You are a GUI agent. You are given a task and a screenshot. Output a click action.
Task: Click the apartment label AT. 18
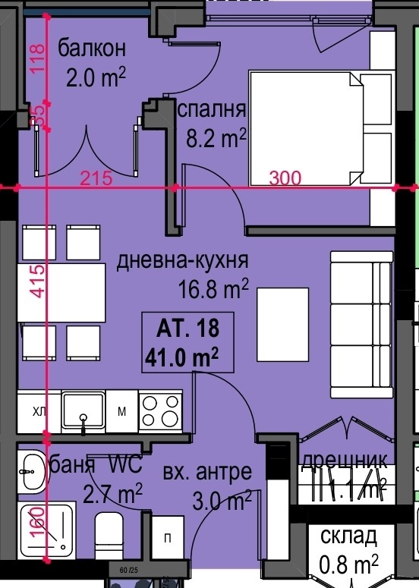(187, 329)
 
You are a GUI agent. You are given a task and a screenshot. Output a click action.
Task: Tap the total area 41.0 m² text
(182, 355)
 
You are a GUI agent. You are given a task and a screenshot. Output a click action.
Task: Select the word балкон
(90, 49)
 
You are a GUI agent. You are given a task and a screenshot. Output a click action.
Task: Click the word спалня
(212, 109)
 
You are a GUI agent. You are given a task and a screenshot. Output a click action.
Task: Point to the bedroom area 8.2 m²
(217, 138)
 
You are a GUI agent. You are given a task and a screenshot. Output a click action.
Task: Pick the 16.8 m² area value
(214, 288)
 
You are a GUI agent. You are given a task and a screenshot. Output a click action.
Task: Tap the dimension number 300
(285, 178)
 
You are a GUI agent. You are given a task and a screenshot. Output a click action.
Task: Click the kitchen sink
(83, 412)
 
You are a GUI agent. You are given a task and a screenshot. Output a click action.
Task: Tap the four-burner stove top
(160, 412)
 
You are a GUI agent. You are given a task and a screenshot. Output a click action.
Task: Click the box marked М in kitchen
(121, 412)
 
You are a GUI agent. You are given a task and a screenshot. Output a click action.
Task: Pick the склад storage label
(348, 536)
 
